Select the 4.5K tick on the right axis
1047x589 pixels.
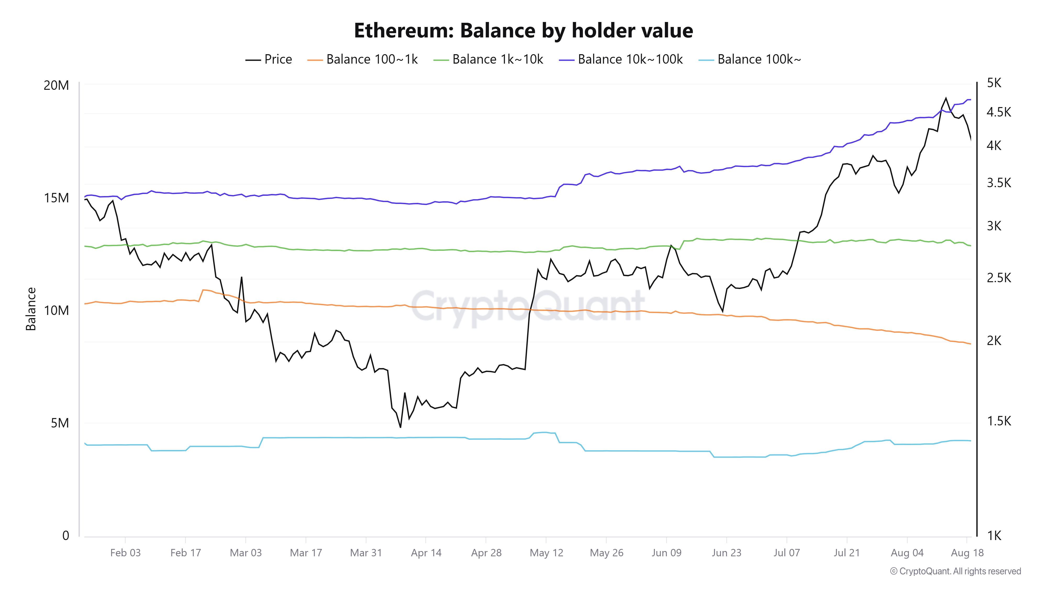[x=999, y=112]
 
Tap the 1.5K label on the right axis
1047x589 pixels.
[x=999, y=421]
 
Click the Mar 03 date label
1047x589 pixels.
[x=246, y=553]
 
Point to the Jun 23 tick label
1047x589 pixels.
[x=726, y=553]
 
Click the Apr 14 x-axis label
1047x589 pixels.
[x=426, y=553]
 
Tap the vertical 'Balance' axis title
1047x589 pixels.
[x=31, y=309]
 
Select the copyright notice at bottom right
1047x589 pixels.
[x=955, y=571]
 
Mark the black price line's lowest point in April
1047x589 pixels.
[x=400, y=427]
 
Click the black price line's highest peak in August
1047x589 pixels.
[x=946, y=98]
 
